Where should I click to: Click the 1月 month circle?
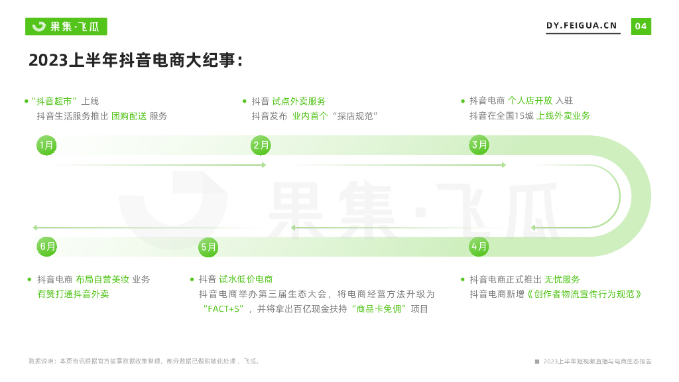coord(46,145)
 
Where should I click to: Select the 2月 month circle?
coord(261,145)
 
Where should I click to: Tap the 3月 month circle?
coord(479,145)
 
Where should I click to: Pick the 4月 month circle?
coord(479,247)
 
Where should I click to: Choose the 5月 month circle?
coord(208,247)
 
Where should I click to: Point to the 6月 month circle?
coord(47,247)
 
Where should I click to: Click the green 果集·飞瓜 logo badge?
coord(66,27)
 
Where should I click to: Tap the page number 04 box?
coord(641,27)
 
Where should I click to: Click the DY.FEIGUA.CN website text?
coord(582,26)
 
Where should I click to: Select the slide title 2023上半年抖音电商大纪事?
coord(136,60)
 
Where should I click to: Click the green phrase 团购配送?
coord(129,116)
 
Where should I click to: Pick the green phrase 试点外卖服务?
coord(299,101)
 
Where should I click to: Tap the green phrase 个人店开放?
coord(530,101)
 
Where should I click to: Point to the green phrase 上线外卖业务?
coord(563,115)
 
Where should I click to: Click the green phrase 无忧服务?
coord(562,279)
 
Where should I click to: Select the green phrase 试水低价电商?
coord(246,279)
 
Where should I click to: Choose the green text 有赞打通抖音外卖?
coord(73,294)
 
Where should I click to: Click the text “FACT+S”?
coord(224,309)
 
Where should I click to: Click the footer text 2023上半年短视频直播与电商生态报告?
coord(597,361)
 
